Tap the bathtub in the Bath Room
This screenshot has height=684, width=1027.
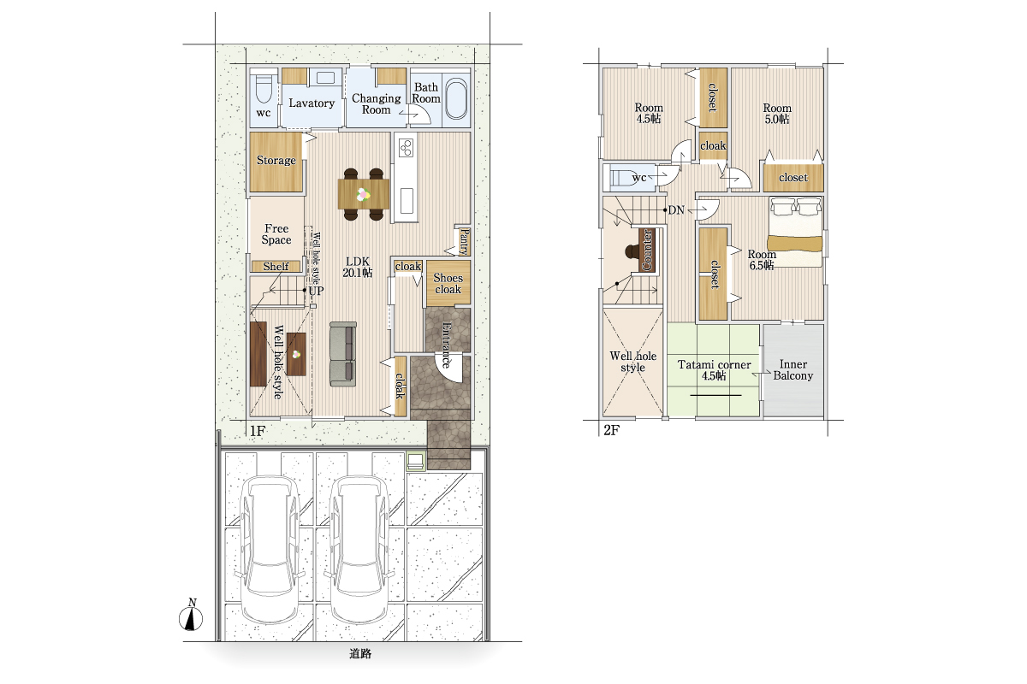coord(457,99)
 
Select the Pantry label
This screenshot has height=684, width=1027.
coord(464,242)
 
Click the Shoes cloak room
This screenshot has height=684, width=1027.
coord(448,283)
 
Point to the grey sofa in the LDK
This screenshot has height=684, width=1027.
coord(343,354)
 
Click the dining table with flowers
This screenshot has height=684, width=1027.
coord(364,194)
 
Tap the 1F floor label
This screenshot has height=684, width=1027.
coord(258,431)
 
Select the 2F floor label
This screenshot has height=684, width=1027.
coord(612,430)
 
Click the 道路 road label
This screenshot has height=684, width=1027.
coord(360,654)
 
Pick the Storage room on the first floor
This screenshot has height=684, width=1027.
coord(276,162)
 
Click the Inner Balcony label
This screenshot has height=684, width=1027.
coord(793,370)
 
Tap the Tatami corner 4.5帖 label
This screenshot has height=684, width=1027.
coord(714,370)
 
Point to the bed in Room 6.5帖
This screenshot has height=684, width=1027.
coord(795,232)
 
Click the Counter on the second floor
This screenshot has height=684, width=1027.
coord(647,251)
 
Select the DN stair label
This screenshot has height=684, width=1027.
coord(676,210)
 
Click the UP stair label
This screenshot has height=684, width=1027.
coord(316,291)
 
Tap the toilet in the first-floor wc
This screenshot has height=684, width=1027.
coord(264,89)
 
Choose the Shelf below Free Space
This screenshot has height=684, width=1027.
coord(276,266)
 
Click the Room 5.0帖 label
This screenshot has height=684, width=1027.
coord(777,114)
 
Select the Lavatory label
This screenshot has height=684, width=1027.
coord(312,103)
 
